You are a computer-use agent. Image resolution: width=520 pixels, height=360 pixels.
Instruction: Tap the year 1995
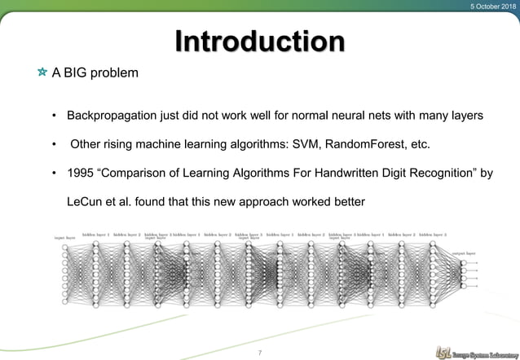pyautogui.click(x=83, y=173)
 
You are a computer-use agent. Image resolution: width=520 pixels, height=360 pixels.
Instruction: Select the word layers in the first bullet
pyautogui.click(x=474, y=115)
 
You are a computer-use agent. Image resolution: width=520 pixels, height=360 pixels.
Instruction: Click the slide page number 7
pyautogui.click(x=259, y=352)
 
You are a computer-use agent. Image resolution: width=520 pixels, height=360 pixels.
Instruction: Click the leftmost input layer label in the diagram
pyautogui.click(x=65, y=239)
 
